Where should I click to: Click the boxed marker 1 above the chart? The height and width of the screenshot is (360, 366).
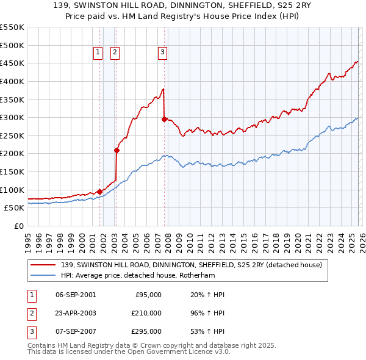pos(98,53)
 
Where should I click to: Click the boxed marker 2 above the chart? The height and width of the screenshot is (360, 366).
pos(115,53)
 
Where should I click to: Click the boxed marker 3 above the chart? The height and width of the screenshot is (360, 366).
pos(163,53)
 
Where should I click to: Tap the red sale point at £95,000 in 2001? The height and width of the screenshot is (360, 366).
pos(99,192)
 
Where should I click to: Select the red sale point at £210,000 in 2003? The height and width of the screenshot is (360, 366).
pos(117,150)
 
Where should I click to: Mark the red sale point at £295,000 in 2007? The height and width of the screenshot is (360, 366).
pos(164,120)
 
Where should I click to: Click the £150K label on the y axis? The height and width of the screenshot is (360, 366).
pos(12,171)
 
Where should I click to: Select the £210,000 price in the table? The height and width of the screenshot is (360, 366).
pos(146,313)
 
